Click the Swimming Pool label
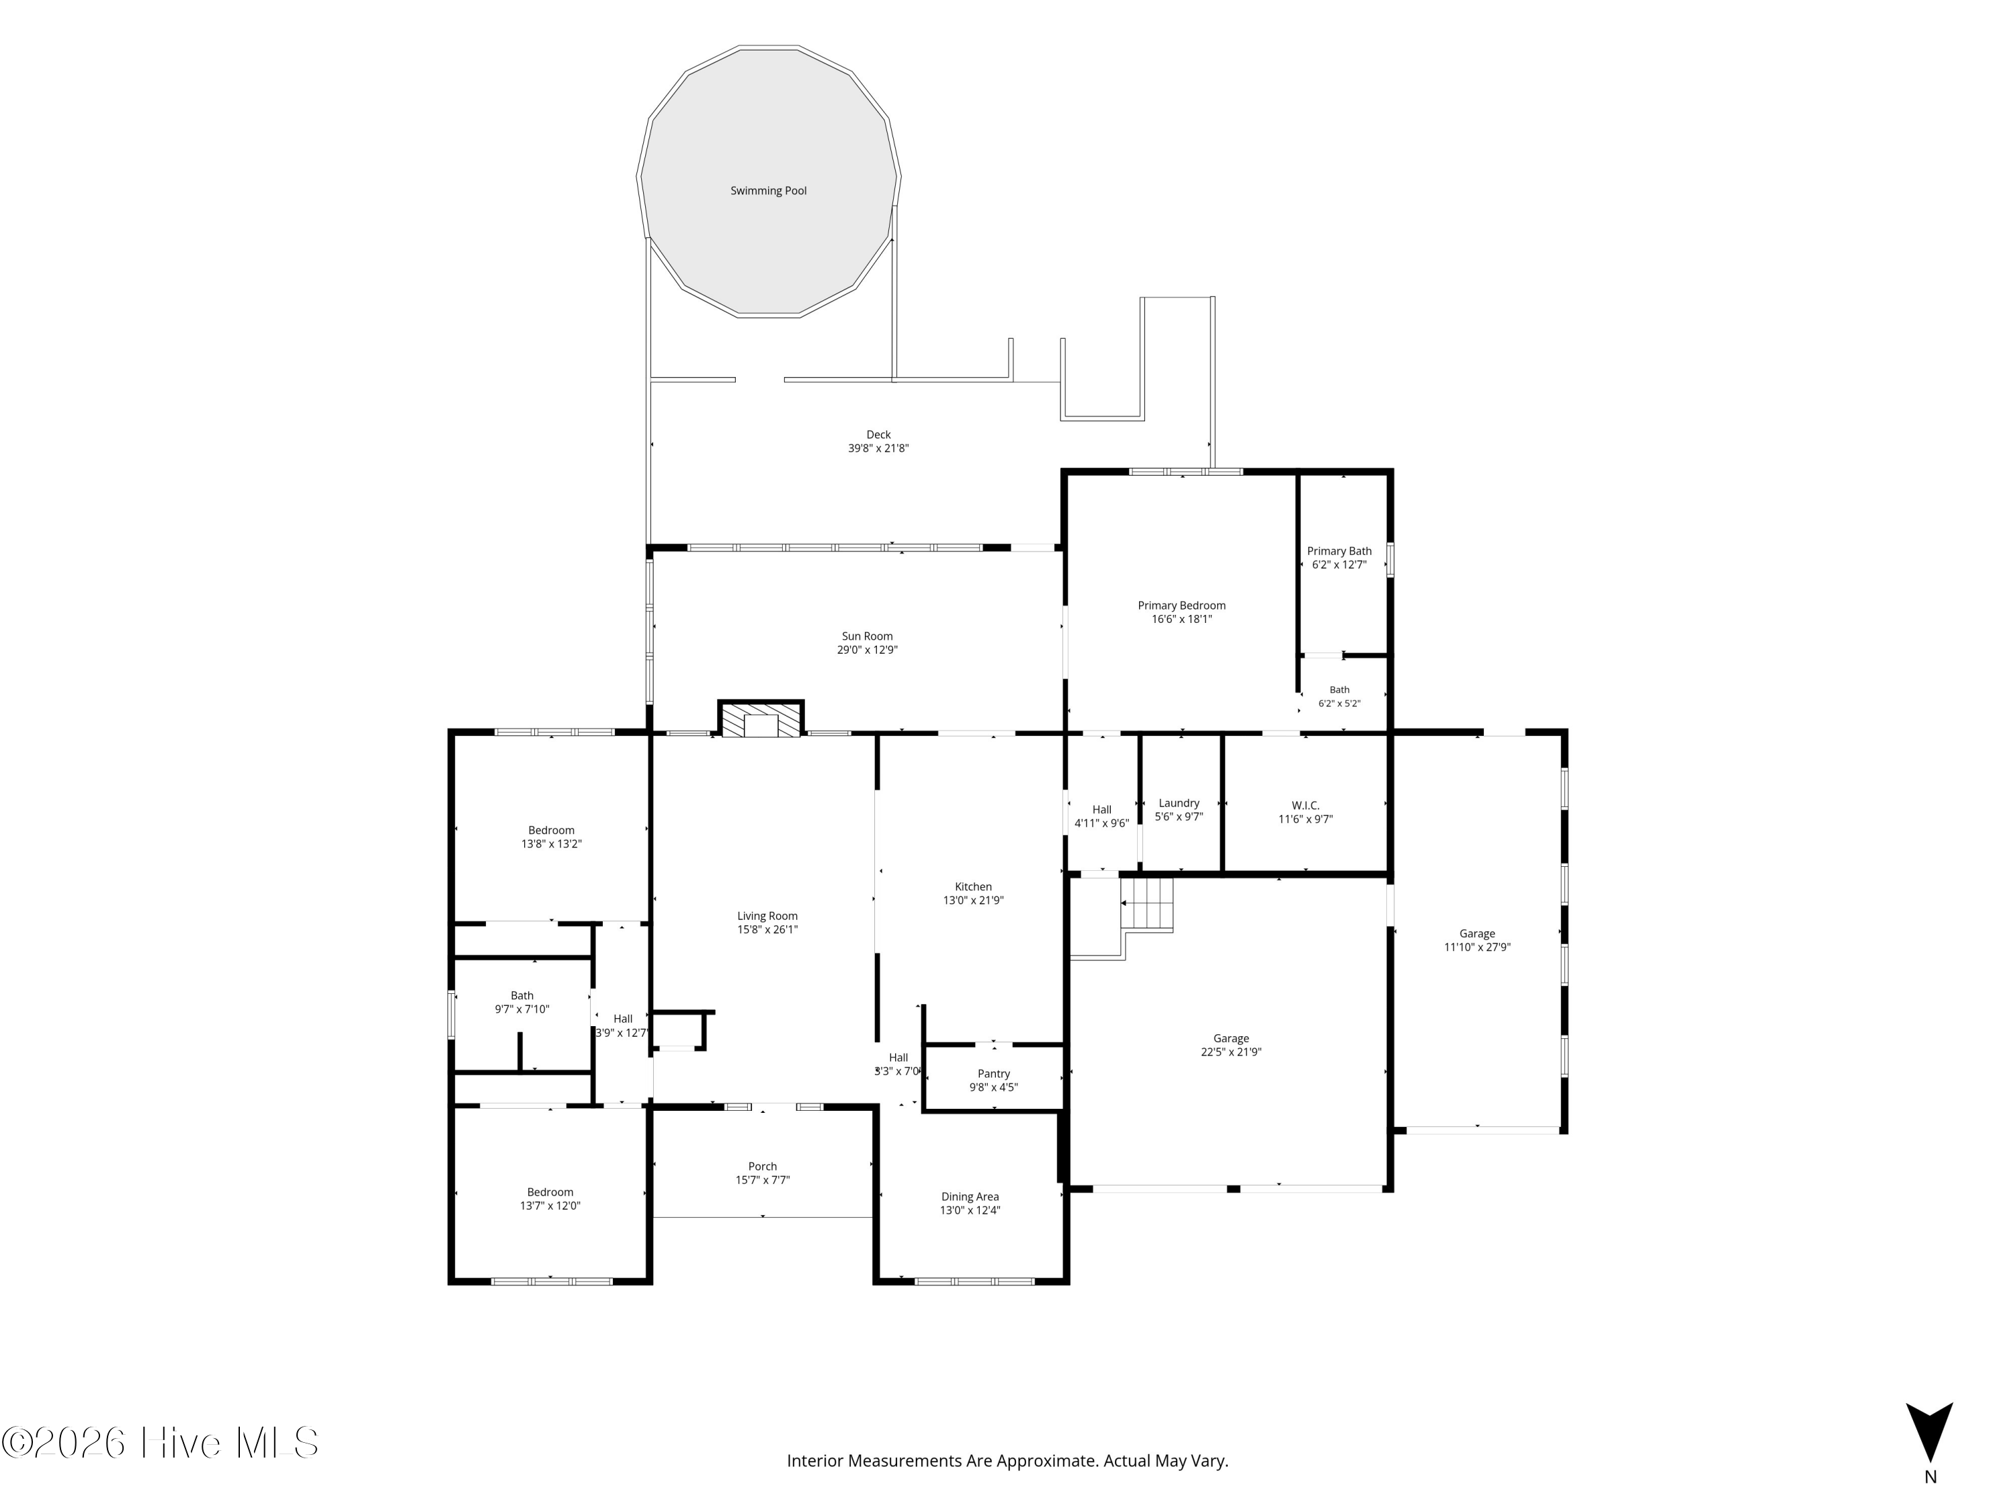[768, 190]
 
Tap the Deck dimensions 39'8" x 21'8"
[878, 448]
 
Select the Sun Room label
[867, 636]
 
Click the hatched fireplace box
[761, 718]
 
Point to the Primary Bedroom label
[1181, 605]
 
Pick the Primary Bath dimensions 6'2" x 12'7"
[1339, 565]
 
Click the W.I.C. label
[1305, 806]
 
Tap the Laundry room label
[1179, 803]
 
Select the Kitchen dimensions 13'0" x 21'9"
[973, 900]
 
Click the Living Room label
[767, 916]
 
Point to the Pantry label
[993, 1074]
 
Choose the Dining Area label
[970, 1197]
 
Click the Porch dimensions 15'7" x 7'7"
[763, 1180]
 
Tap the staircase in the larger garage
[1146, 903]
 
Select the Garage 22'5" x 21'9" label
[1230, 1038]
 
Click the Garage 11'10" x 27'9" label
[1477, 933]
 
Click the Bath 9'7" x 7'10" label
[522, 995]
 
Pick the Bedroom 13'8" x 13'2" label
[552, 831]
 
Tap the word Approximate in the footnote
[1046, 1461]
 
